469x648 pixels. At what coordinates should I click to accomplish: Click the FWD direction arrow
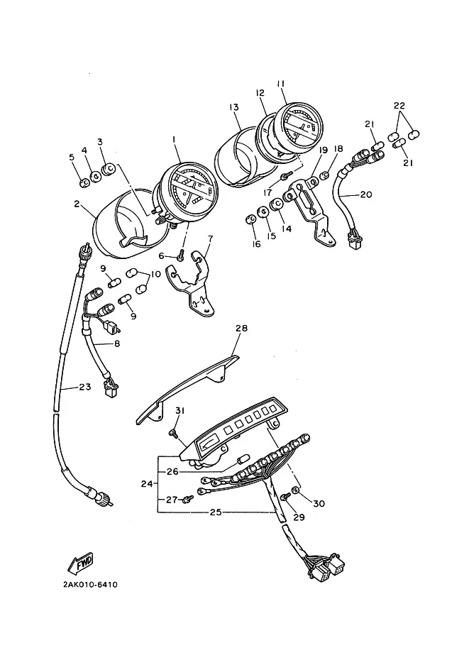(x=81, y=563)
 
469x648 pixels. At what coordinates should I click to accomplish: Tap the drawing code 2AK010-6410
(x=90, y=585)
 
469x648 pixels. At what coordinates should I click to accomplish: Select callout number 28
(x=241, y=328)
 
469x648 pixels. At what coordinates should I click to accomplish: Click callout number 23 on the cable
(x=85, y=388)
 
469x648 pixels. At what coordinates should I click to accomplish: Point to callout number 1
(x=174, y=140)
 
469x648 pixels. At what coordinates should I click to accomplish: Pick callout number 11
(x=281, y=84)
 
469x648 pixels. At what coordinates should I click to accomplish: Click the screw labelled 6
(x=180, y=258)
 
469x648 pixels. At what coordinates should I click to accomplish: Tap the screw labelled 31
(x=172, y=433)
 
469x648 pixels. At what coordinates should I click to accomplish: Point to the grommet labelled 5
(x=83, y=182)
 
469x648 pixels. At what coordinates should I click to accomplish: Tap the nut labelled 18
(x=325, y=175)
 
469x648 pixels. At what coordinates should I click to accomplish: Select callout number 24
(x=147, y=483)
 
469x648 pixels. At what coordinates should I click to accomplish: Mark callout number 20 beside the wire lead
(x=366, y=194)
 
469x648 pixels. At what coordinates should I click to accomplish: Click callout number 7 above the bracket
(x=210, y=238)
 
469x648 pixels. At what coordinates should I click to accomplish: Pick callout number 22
(x=399, y=105)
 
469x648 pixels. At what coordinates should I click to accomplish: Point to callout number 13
(x=234, y=107)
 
